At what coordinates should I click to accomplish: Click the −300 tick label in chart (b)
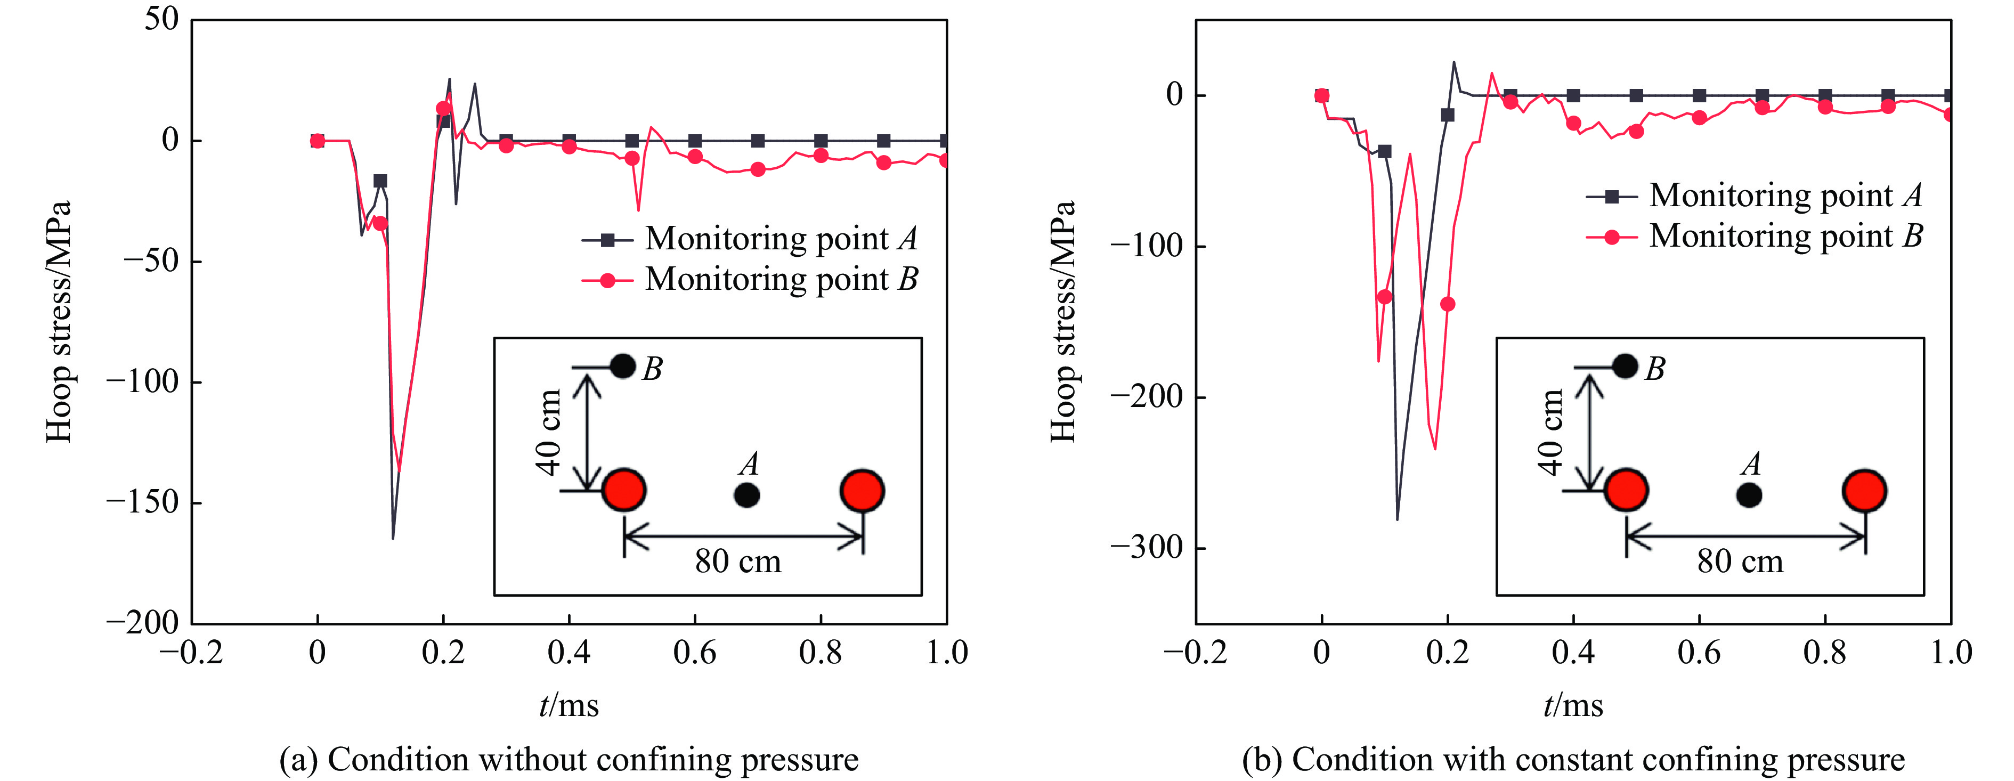(x=1147, y=547)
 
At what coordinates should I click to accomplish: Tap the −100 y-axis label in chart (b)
(x=1147, y=246)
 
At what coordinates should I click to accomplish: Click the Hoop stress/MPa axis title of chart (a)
(x=59, y=321)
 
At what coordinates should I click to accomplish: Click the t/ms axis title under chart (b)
(x=1572, y=705)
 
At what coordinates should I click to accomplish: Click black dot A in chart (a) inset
(x=746, y=495)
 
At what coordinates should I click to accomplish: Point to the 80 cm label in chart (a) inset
(x=738, y=562)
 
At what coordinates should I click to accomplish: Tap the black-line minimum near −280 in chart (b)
(x=1397, y=519)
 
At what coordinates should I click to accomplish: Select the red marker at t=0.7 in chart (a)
(x=758, y=169)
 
